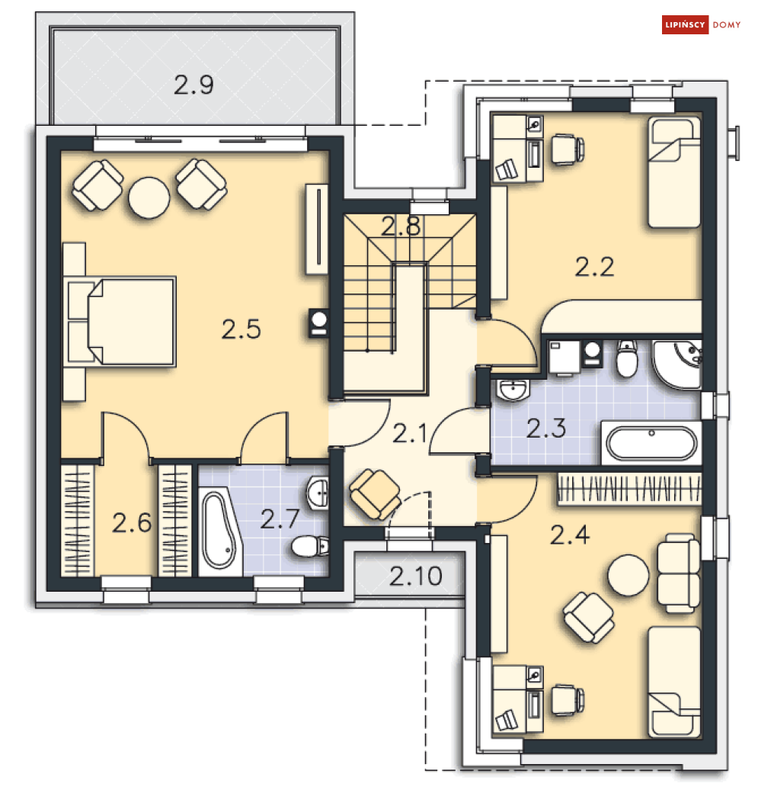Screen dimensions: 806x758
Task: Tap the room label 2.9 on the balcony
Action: click(193, 85)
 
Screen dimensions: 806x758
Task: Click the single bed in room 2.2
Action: click(673, 172)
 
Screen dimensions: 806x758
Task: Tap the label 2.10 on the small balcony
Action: click(416, 576)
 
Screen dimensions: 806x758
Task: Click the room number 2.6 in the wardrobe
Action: click(132, 523)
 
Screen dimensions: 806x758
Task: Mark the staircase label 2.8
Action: click(401, 226)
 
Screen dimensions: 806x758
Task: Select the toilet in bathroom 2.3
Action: click(627, 359)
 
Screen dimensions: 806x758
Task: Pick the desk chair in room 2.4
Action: click(567, 700)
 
